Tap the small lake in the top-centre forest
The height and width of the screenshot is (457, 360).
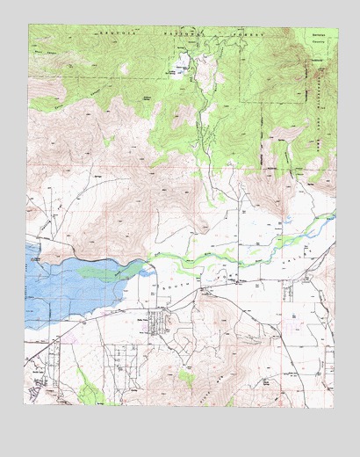185,66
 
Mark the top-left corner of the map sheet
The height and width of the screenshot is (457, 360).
29,25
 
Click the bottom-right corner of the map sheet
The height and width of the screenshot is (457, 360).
336,405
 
